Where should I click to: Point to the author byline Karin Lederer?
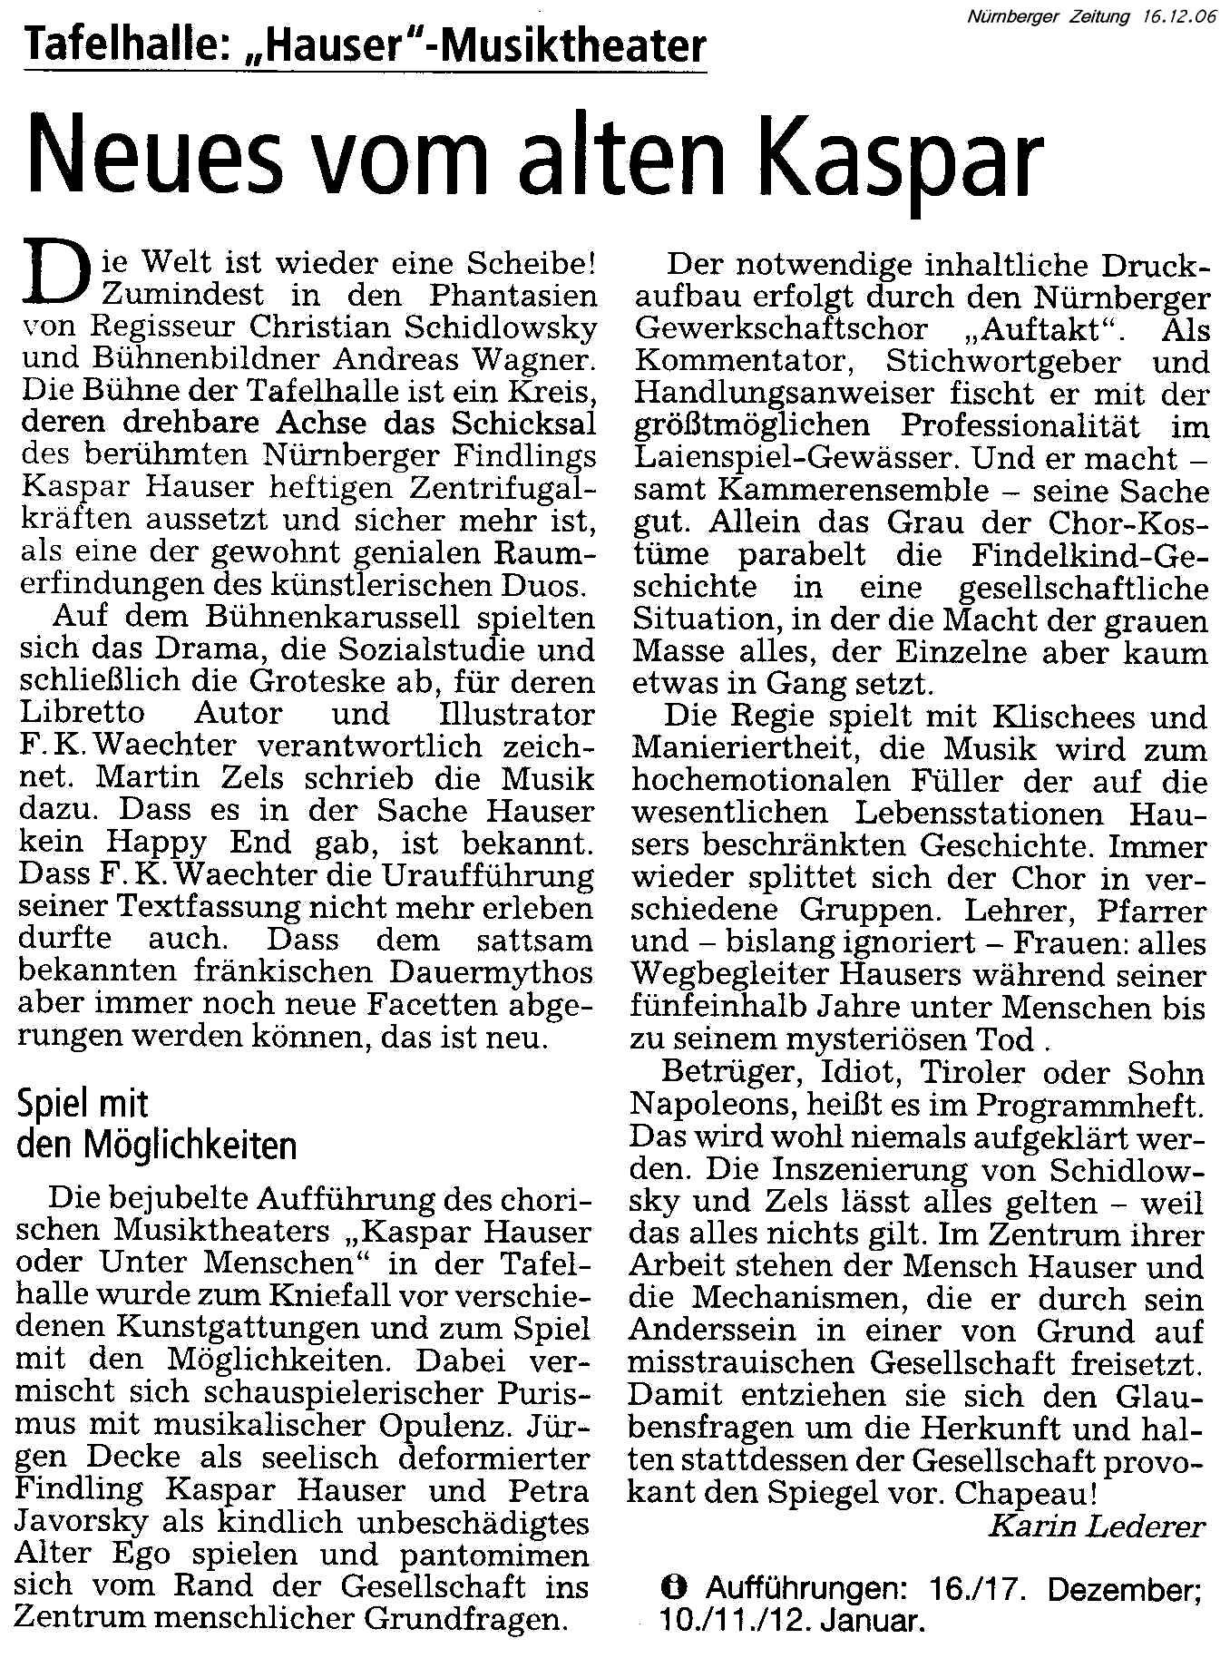pos(1097,1526)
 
